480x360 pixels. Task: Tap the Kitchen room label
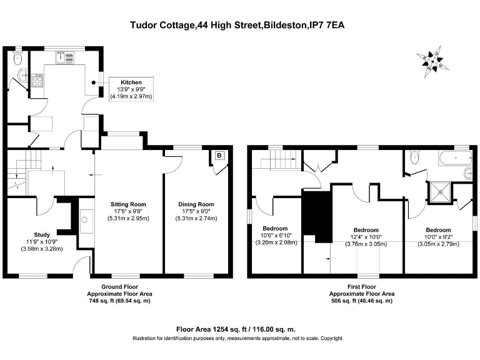[131, 82]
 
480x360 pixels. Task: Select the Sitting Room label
[128, 204]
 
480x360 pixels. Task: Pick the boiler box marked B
[219, 156]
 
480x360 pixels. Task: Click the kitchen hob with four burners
[37, 81]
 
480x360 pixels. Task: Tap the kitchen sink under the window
[66, 57]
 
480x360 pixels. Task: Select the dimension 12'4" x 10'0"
[366, 237]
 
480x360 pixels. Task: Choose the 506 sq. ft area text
[362, 301]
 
